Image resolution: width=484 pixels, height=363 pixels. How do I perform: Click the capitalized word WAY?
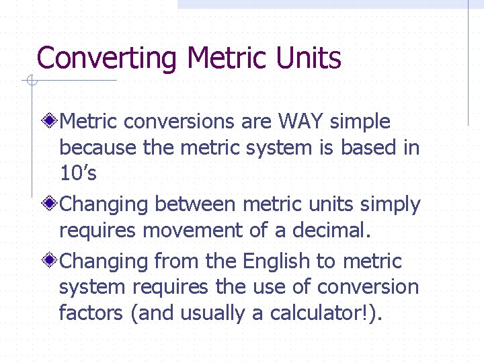point(305,122)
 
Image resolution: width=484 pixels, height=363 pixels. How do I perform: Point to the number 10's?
point(78,173)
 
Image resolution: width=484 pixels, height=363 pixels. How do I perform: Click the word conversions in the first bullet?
point(179,122)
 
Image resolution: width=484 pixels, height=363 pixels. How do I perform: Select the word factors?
point(91,313)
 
